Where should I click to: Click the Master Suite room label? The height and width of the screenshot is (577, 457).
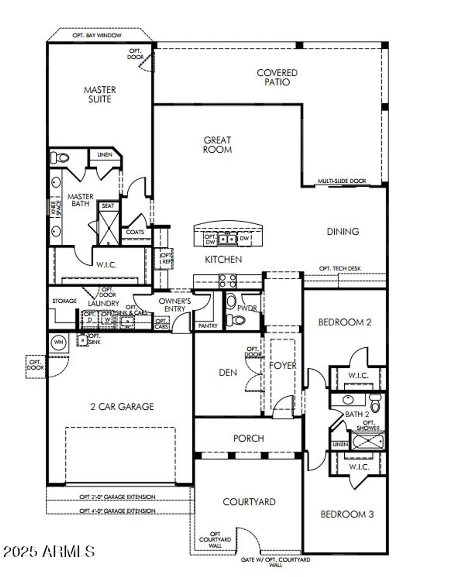pos(100,94)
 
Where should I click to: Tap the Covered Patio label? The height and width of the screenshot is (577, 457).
pos(277,77)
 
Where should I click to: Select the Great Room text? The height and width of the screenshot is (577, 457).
pos(217,145)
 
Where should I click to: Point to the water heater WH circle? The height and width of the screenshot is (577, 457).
pos(58,342)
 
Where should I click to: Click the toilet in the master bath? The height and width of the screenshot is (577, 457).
pos(60,158)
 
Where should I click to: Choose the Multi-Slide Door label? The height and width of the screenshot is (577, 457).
pos(342,181)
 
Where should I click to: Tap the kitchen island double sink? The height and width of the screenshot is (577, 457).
pos(227,239)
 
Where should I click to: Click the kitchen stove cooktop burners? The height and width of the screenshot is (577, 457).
pos(227,281)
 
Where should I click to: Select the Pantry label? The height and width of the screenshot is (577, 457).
pos(208,326)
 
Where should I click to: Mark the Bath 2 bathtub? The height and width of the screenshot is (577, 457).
pos(368,441)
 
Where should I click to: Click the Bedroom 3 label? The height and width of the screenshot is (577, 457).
pos(347,514)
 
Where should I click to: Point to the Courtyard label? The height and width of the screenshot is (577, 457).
pos(249,502)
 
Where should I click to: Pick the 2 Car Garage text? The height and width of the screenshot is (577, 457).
pos(122,407)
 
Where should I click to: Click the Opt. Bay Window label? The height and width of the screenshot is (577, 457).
pos(97,35)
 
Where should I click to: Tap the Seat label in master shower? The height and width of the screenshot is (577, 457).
pos(108,206)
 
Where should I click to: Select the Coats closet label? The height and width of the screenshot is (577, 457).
pos(135,232)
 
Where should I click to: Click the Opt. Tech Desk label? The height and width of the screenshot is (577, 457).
pos(340,268)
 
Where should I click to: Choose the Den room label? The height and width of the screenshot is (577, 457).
pos(228,372)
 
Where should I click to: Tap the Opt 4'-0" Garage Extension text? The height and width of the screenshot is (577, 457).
pos(117,511)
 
